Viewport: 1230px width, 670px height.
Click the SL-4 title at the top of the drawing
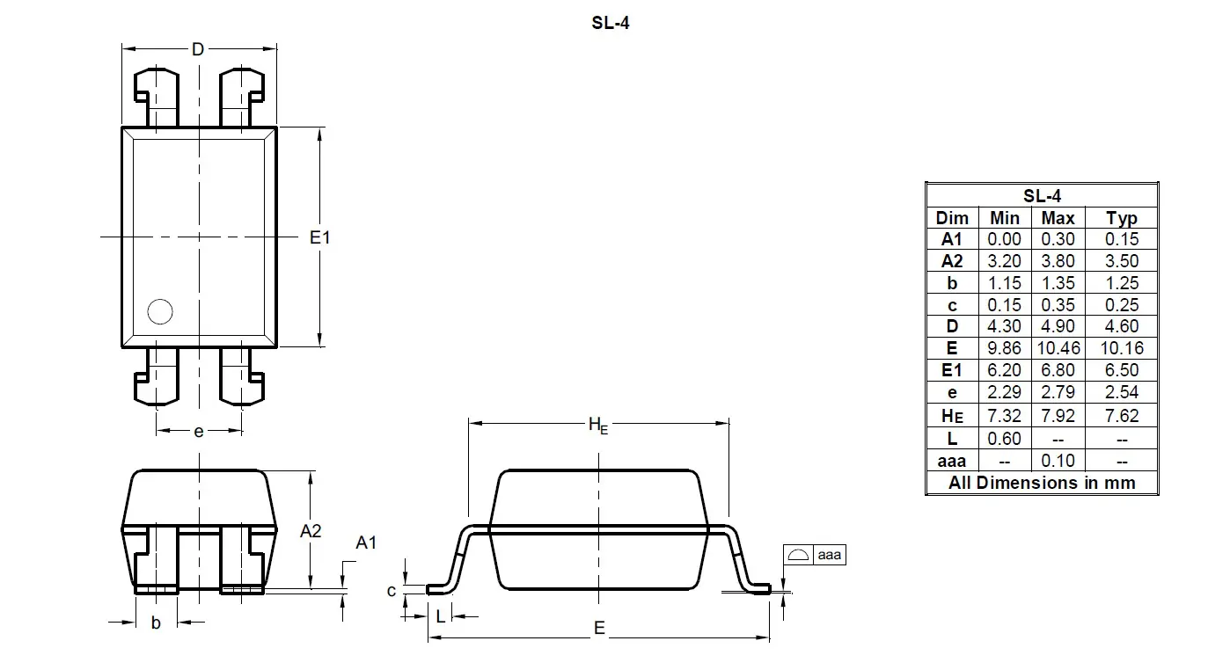[x=610, y=24]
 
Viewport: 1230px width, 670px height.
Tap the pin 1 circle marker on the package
[x=160, y=311]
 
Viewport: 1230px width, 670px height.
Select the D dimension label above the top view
[x=198, y=49]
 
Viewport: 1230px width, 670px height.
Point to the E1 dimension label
[x=320, y=237]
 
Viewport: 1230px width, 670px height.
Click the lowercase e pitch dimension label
[x=199, y=431]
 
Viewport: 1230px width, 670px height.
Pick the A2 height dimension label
[x=311, y=531]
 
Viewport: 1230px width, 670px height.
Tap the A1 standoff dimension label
[x=366, y=543]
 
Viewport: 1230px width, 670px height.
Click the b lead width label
[x=156, y=623]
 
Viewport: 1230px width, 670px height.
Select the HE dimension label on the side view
[x=598, y=426]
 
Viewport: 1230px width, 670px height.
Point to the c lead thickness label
[x=392, y=591]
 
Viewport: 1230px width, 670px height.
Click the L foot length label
[x=440, y=616]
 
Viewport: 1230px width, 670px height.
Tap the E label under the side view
[x=599, y=628]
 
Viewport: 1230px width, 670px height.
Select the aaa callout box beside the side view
[x=814, y=555]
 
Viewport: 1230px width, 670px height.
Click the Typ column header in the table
[x=1122, y=218]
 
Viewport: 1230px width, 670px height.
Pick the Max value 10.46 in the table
[x=1058, y=349]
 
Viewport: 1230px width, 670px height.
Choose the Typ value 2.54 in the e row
[x=1122, y=393]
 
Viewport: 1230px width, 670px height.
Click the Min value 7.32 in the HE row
[x=1005, y=415]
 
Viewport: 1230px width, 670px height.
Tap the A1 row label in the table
[x=952, y=239]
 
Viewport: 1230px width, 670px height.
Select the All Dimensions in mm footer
[x=1042, y=483]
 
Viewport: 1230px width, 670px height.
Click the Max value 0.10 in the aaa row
[x=1058, y=460]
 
